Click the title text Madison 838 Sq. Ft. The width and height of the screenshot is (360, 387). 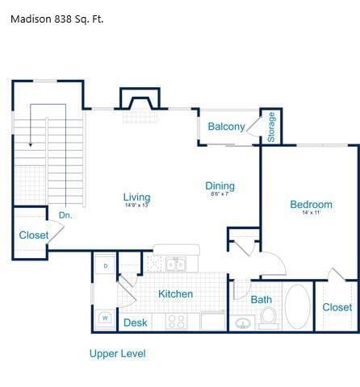click(x=57, y=19)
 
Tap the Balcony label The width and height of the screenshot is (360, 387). click(x=226, y=127)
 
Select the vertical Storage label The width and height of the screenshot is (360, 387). click(x=271, y=127)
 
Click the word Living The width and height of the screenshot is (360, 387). click(x=136, y=197)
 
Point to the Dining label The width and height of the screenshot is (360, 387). click(x=220, y=185)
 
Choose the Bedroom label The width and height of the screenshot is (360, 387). click(x=311, y=204)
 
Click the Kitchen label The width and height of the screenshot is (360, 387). click(x=175, y=293)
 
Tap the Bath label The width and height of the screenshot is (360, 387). click(x=261, y=300)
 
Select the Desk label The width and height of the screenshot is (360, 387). click(x=136, y=322)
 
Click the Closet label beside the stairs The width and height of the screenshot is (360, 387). click(x=33, y=235)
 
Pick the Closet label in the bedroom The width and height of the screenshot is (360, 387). click(x=337, y=307)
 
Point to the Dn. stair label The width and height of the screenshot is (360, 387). click(x=65, y=215)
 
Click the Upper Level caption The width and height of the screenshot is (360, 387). click(x=117, y=353)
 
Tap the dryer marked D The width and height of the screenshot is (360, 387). click(x=106, y=265)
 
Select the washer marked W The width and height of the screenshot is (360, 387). click(x=105, y=318)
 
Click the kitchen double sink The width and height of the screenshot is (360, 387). click(x=176, y=264)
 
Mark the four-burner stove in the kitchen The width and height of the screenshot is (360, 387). click(x=177, y=321)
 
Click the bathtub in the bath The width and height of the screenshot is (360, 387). click(x=296, y=306)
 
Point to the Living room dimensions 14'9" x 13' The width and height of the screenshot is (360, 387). click(x=136, y=206)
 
